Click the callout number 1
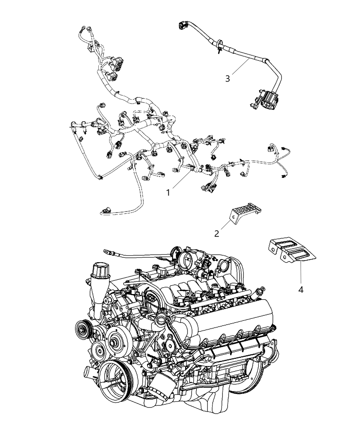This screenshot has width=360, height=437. pos(168,193)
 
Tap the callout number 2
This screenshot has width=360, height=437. pos(217,233)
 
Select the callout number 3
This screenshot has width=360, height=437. pos(227,79)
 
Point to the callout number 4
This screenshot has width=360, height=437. pos(301,290)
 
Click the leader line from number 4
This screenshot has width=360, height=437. pos(301,273)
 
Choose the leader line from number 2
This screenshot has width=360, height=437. pos(226,225)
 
